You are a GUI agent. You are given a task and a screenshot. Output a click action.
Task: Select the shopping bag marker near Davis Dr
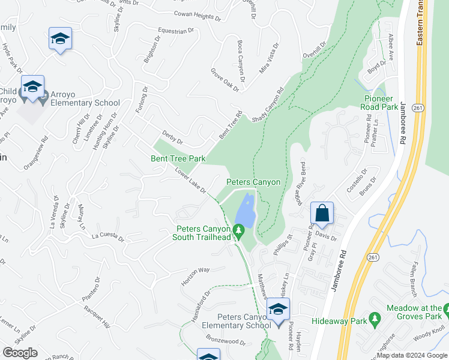[322, 214]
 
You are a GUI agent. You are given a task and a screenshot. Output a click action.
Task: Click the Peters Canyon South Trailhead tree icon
[239, 230]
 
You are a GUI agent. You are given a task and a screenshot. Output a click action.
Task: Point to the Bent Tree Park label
[178, 159]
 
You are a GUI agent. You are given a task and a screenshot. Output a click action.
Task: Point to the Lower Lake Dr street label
[190, 181]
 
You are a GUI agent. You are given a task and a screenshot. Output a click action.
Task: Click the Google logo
[20, 353]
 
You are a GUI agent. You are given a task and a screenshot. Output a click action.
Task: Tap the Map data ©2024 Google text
[411, 355]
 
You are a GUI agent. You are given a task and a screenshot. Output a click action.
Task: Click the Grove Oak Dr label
[224, 80]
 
